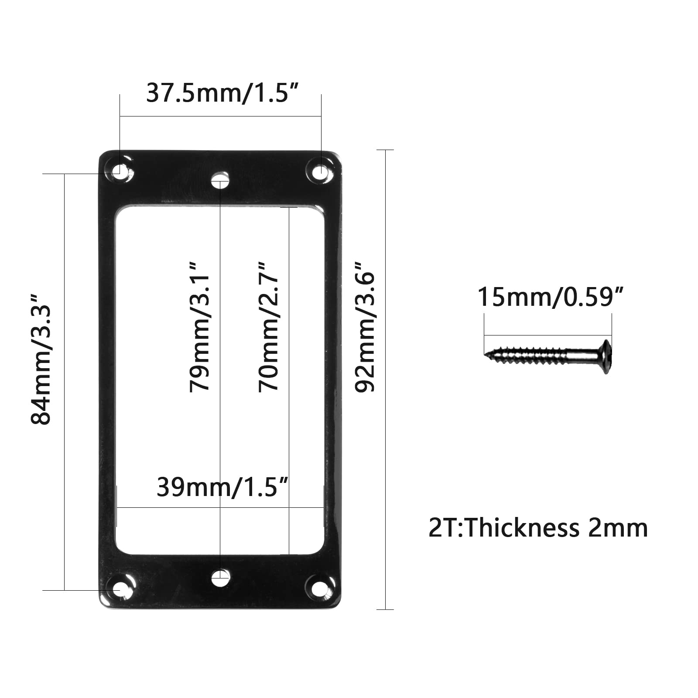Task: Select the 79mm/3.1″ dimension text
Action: tap(200, 327)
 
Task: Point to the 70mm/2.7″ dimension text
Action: tap(268, 327)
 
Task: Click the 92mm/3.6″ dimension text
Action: tap(365, 327)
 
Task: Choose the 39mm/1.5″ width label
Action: tap(222, 487)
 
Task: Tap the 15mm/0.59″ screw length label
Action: tap(551, 297)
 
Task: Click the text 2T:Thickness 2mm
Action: tap(538, 528)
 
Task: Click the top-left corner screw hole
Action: tap(119, 170)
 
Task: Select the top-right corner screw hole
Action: tap(320, 171)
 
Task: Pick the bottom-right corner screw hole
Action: tap(320, 587)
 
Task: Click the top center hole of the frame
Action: tap(220, 180)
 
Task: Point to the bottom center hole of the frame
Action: tap(220, 578)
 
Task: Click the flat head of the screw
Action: tap(606, 356)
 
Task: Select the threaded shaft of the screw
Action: tap(537, 355)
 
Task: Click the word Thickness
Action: tap(523, 528)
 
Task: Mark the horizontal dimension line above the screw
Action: tap(548, 335)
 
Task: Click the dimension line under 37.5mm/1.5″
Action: tap(220, 116)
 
